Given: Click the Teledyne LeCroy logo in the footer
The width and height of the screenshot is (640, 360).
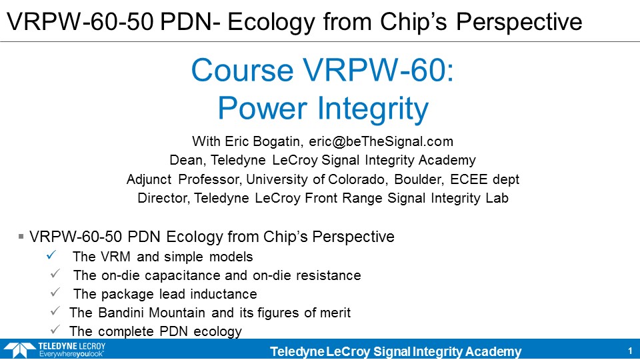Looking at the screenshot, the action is coord(55,350).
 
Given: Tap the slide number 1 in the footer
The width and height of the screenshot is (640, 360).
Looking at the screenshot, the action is coord(630,351).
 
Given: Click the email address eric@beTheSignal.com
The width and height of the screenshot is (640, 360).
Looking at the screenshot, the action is coord(381,141).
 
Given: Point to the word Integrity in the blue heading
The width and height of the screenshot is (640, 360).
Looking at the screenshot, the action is coord(373,109).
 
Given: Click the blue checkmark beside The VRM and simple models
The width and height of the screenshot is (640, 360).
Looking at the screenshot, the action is coord(51,255).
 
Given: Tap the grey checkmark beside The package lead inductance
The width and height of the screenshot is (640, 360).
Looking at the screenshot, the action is coord(55,292).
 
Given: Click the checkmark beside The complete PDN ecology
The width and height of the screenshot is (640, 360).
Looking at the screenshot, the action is coord(55,329).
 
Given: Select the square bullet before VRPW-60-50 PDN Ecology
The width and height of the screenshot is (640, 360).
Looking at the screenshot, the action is coord(21,236).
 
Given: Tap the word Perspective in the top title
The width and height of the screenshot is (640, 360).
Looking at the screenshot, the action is coord(519,22).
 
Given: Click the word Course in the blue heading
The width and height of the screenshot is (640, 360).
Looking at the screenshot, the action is coord(242,70).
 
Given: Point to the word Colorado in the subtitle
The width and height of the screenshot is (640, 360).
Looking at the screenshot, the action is coord(356,179).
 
